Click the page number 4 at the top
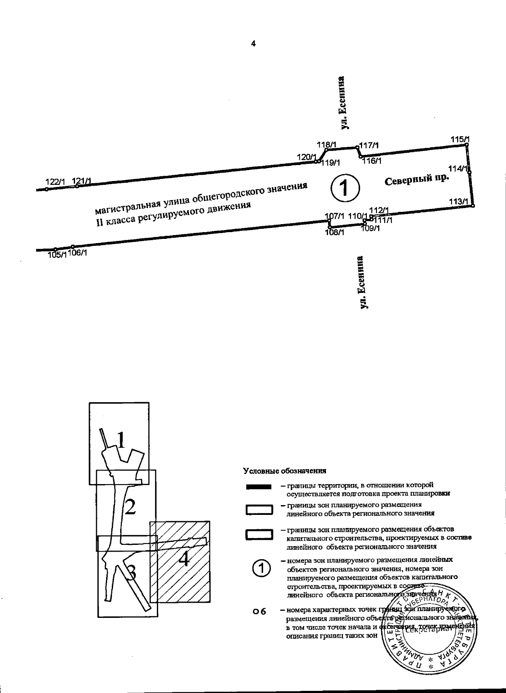click(253, 43)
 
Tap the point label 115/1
click(459, 139)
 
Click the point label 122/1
click(55, 182)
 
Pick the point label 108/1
click(335, 232)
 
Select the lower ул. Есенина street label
click(361, 282)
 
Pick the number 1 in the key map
click(121, 440)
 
